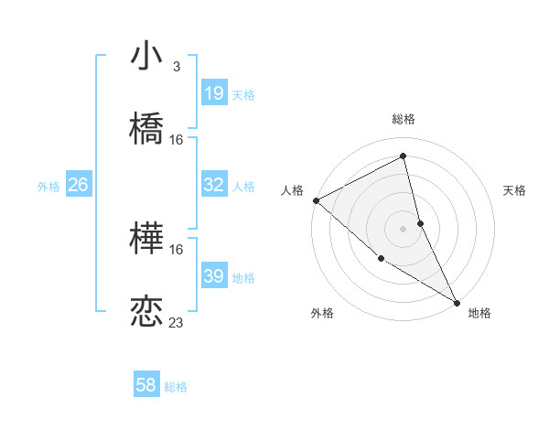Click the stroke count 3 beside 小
(x=177, y=67)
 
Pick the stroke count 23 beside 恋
(x=177, y=322)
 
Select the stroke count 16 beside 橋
(x=177, y=140)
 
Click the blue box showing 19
(x=214, y=94)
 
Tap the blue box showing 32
(x=214, y=185)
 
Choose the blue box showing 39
(x=214, y=276)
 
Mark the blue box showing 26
(x=78, y=185)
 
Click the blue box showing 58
(x=146, y=385)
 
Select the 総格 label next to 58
(x=176, y=387)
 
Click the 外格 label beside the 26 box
(x=48, y=187)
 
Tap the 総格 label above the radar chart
(x=404, y=119)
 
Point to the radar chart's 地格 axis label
(x=479, y=314)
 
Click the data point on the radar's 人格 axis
(x=316, y=200)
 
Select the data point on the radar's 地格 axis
(x=457, y=302)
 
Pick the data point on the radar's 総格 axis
(x=404, y=157)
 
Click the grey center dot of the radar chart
(x=404, y=229)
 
